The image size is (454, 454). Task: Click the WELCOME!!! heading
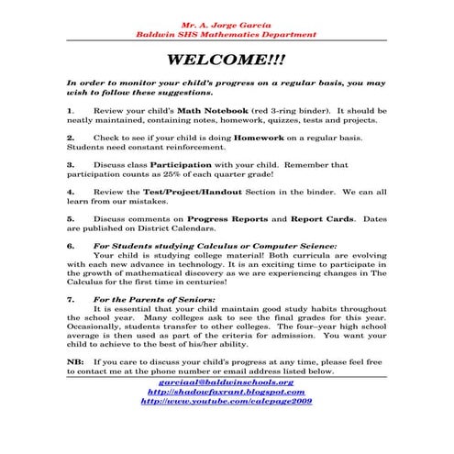(x=227, y=61)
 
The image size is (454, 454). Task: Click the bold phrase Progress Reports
(x=227, y=219)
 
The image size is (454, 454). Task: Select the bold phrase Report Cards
(x=323, y=219)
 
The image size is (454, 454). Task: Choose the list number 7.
(x=71, y=300)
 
